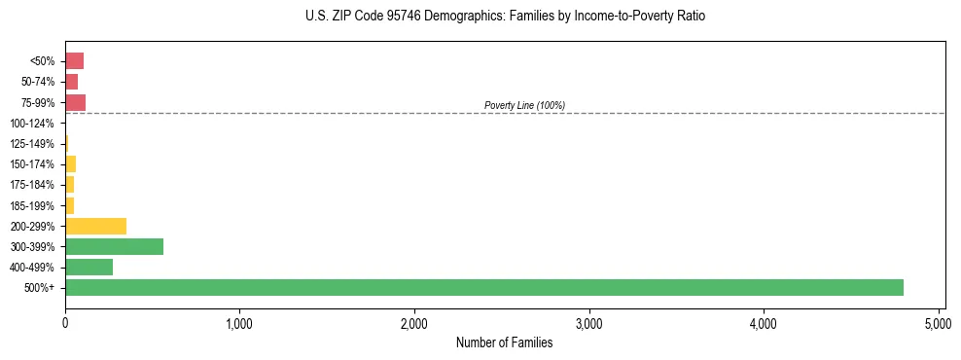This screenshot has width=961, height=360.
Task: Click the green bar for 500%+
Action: click(484, 287)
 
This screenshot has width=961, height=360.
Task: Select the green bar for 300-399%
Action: click(114, 246)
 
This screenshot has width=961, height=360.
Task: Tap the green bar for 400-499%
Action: click(89, 267)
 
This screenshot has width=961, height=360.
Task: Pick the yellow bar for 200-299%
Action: click(95, 226)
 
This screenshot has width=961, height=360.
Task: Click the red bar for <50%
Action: click(74, 61)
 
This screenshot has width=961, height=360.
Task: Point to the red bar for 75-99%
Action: click(75, 102)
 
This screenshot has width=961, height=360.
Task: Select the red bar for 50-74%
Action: click(71, 82)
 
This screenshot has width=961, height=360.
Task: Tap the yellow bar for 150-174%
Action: click(70, 163)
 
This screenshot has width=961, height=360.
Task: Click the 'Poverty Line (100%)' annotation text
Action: click(524, 105)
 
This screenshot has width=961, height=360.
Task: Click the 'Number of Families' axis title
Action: click(505, 342)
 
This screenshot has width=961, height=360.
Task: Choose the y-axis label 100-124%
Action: click(32, 124)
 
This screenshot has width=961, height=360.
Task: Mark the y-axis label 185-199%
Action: click(32, 205)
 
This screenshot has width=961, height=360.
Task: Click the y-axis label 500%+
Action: click(39, 288)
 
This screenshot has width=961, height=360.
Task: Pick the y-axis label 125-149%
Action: click(32, 144)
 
